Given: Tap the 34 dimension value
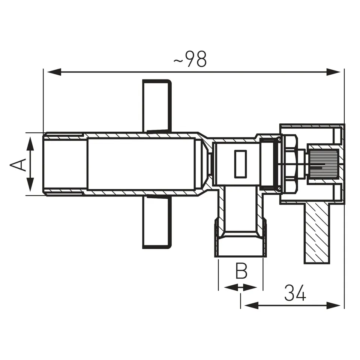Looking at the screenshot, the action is coord(295,293).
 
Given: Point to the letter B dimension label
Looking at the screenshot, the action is coord(241,271).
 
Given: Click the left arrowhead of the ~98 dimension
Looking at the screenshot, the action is coord(54,72).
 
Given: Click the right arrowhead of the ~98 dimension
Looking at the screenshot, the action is coord(333,72).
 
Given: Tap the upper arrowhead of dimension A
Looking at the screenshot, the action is coord(30,144).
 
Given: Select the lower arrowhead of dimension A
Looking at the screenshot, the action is coord(30,184).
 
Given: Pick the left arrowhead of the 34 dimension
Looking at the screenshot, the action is coord(252,306).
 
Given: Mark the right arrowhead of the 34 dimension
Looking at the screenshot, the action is coord(333,306).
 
